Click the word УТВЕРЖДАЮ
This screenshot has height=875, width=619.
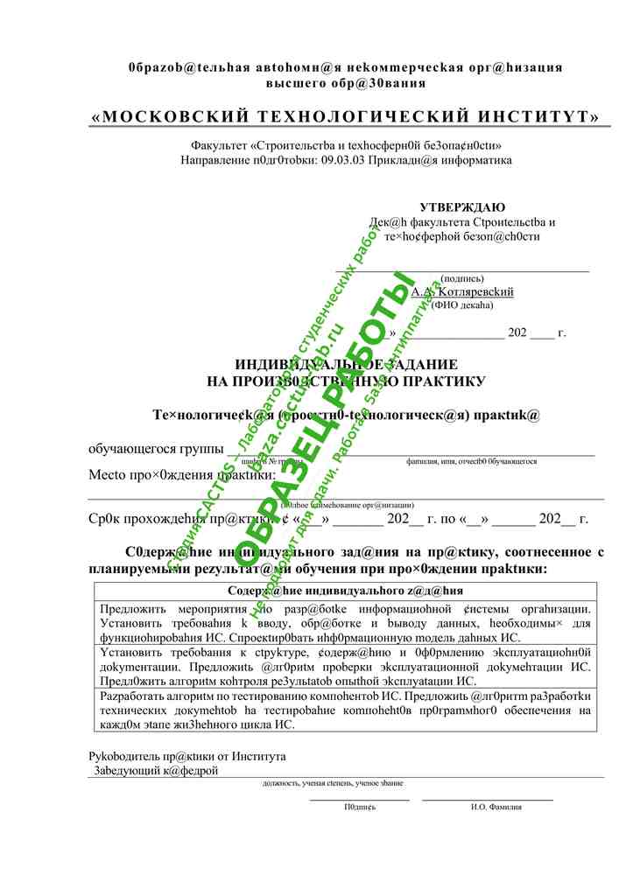[462, 207]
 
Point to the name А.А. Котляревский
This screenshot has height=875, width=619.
[462, 291]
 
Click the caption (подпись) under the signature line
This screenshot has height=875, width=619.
[462, 278]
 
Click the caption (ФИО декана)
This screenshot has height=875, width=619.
[462, 305]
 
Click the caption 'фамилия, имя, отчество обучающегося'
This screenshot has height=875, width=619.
[471, 461]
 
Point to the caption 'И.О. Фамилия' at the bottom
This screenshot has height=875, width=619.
[496, 807]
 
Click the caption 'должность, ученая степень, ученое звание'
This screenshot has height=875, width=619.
[333, 783]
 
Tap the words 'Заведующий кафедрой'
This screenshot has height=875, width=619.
[157, 771]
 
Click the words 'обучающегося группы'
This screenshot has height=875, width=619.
[155, 449]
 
